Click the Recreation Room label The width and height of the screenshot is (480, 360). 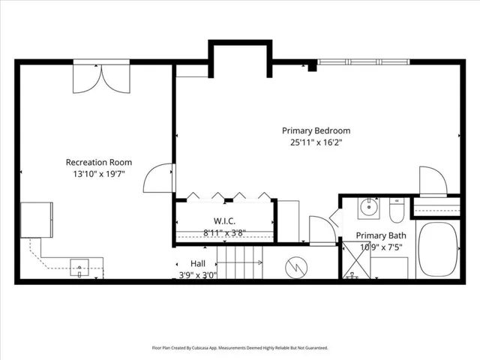[x=99, y=162]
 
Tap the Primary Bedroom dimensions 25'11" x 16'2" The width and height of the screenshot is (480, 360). [x=316, y=142]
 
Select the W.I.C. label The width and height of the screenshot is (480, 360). [x=224, y=220]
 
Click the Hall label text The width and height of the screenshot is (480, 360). [x=198, y=263]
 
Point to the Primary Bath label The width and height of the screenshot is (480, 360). [x=381, y=235]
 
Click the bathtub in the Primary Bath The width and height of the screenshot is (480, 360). [x=438, y=250]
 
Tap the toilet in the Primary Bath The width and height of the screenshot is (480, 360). [x=397, y=211]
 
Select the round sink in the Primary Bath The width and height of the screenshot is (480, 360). [x=369, y=208]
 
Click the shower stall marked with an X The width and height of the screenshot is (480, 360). [x=356, y=260]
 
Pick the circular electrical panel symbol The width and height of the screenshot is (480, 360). [x=296, y=268]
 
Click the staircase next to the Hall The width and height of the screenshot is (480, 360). [x=240, y=262]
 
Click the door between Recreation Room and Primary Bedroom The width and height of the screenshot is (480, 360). [x=159, y=178]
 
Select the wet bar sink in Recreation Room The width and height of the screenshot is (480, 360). [x=79, y=268]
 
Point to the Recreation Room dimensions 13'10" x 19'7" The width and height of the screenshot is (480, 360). [x=99, y=174]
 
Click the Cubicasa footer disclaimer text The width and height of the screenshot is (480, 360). [x=240, y=348]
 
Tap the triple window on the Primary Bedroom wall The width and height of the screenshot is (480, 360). [x=363, y=62]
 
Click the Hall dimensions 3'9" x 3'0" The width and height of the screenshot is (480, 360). [x=198, y=275]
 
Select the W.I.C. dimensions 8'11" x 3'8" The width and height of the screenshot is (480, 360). [x=225, y=233]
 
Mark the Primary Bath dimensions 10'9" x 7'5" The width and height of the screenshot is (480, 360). [x=381, y=247]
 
